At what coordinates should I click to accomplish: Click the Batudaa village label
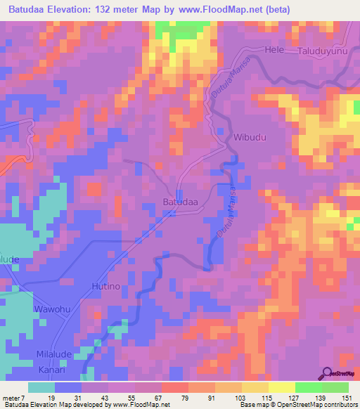click(x=181, y=202)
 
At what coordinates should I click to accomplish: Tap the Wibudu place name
click(x=250, y=137)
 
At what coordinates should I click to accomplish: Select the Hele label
click(x=274, y=51)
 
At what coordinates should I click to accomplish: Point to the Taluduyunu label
click(x=323, y=51)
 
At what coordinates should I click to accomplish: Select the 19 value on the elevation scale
click(x=50, y=398)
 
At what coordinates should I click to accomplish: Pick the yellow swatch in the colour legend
click(x=281, y=387)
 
